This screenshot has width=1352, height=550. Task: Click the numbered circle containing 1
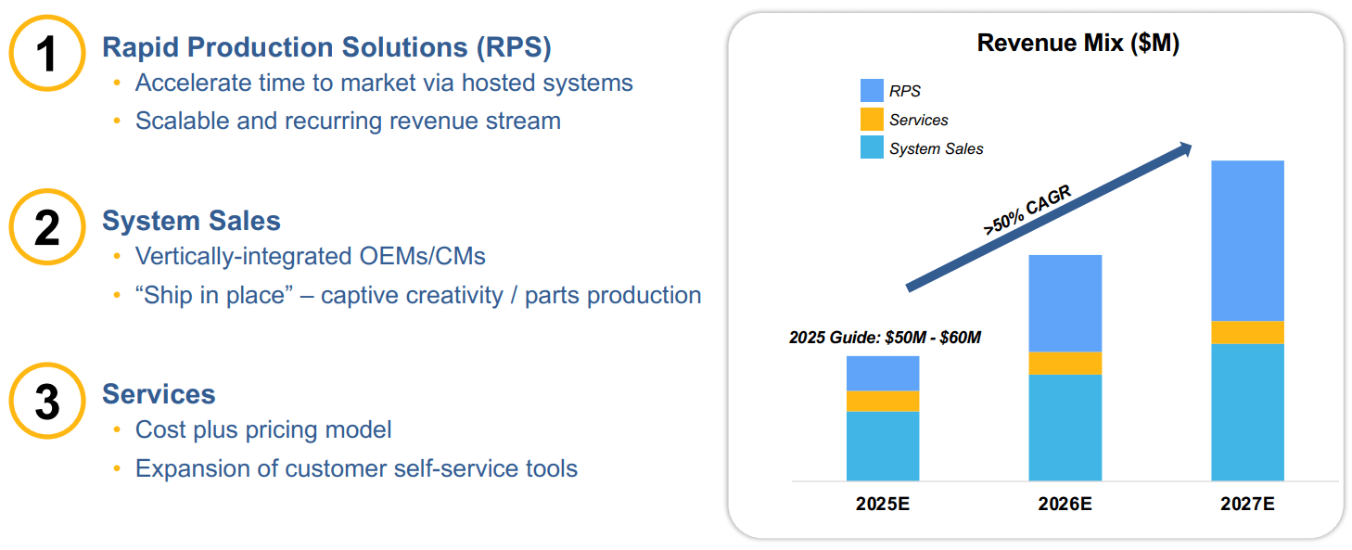pyautogui.click(x=47, y=53)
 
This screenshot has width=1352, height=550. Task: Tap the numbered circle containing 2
pyautogui.click(x=47, y=227)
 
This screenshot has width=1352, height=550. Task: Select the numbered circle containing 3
pyautogui.click(x=47, y=401)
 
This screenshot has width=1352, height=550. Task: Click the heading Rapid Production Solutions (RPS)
pyautogui.click(x=326, y=46)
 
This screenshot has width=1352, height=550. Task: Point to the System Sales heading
pyautogui.click(x=191, y=221)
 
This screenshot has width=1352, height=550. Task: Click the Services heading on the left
pyautogui.click(x=159, y=394)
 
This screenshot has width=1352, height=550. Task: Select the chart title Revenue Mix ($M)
pyautogui.click(x=1078, y=43)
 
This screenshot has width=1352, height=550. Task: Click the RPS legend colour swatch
pyautogui.click(x=872, y=91)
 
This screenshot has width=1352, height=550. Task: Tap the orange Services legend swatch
pyautogui.click(x=872, y=120)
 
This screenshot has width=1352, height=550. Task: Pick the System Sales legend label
pyautogui.click(x=936, y=148)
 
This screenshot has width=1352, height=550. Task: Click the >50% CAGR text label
pyautogui.click(x=1027, y=211)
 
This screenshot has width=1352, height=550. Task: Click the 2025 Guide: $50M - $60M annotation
pyautogui.click(x=885, y=339)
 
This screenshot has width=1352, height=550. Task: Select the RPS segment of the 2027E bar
pyautogui.click(x=1247, y=241)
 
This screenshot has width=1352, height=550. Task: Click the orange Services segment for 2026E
pyautogui.click(x=1065, y=363)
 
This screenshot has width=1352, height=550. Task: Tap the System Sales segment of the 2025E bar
pyautogui.click(x=883, y=445)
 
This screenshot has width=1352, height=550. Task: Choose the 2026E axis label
pyautogui.click(x=1065, y=505)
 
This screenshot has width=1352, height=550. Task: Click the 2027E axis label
pyautogui.click(x=1247, y=505)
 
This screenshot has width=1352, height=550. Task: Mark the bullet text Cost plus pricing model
pyautogui.click(x=263, y=429)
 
